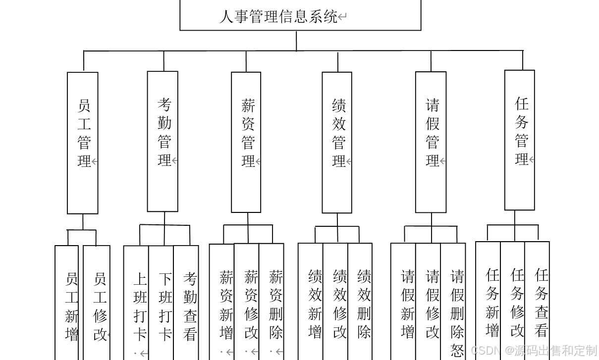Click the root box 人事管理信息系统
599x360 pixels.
[300, 16]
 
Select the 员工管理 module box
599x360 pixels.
[83, 143]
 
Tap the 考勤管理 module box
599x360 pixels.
[163, 141]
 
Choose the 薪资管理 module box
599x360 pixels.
[246, 142]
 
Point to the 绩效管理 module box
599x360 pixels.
[337, 142]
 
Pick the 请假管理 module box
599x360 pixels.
[431, 142]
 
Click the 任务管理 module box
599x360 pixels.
[520, 140]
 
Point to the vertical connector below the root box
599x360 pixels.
[297, 41]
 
